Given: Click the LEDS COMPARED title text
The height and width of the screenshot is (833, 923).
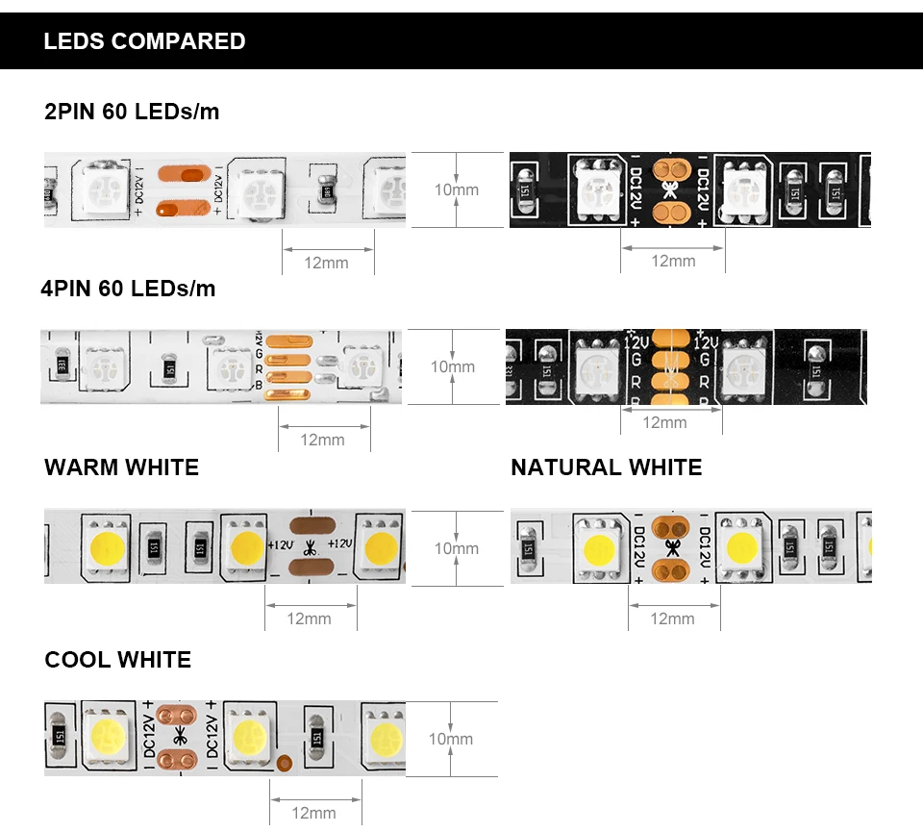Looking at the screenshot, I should (x=144, y=41).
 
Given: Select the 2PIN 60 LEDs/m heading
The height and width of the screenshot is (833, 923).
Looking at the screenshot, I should (x=132, y=112).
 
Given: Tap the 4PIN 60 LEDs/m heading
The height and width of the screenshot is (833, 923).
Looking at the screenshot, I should (x=128, y=289).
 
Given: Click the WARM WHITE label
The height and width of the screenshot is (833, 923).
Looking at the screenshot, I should (x=121, y=467).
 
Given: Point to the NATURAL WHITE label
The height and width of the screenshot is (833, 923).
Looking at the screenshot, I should (x=606, y=467).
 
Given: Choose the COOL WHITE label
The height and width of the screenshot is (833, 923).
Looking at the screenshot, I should (x=117, y=660).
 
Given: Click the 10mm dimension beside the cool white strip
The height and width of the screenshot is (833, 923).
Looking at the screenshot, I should (x=451, y=739).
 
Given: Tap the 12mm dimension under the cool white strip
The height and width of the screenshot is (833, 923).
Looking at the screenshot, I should (x=313, y=813).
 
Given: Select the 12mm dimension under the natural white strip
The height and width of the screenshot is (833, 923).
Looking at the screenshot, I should (x=672, y=618).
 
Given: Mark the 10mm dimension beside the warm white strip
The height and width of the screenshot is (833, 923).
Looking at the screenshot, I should (x=456, y=548).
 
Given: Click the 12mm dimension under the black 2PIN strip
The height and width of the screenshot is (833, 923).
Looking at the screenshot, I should (x=673, y=261).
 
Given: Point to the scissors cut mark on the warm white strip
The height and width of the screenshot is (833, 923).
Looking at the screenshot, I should (x=311, y=548).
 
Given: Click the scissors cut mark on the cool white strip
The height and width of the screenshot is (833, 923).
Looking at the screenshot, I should (x=179, y=739).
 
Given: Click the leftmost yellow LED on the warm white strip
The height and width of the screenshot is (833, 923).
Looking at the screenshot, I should (x=104, y=547).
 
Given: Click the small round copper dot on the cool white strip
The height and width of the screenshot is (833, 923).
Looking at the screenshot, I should (x=285, y=765).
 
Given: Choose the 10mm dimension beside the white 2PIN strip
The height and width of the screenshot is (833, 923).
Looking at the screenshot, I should (x=456, y=189).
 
